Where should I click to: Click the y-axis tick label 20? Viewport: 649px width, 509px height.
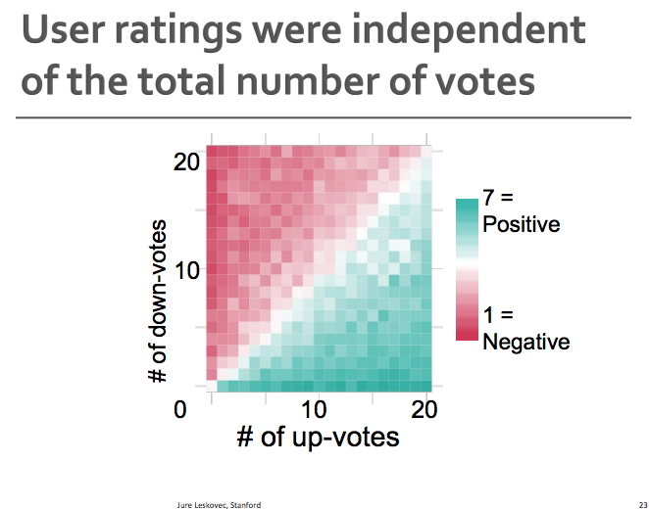[187, 161]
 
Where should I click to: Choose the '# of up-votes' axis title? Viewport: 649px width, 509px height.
[318, 437]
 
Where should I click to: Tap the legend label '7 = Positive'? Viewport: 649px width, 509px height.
[521, 211]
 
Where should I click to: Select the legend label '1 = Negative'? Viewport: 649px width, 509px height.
[525, 329]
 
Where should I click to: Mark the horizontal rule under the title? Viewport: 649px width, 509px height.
[324, 117]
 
